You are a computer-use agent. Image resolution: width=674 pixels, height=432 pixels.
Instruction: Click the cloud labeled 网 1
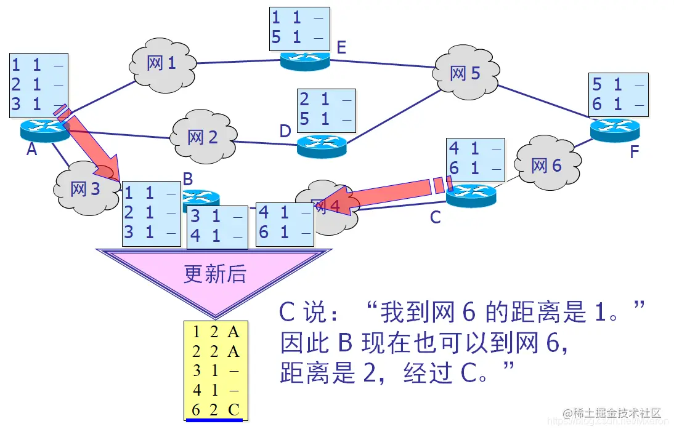(162, 63)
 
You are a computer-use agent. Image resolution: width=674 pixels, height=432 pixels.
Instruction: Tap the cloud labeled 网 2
(203, 137)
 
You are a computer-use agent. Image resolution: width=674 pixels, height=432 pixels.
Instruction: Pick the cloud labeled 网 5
(465, 74)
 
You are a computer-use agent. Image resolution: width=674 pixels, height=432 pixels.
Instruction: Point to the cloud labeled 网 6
(546, 165)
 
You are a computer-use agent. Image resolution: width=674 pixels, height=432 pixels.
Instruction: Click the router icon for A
(45, 129)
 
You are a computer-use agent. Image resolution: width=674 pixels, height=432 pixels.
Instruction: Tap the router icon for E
(305, 60)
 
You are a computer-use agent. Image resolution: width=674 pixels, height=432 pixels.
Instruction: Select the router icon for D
(322, 146)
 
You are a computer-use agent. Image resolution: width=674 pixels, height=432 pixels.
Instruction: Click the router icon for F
(614, 129)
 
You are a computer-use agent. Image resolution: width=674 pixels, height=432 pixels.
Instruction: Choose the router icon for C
(471, 195)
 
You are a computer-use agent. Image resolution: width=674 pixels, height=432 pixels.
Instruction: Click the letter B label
(188, 179)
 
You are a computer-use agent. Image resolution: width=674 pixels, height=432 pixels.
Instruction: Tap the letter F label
(635, 152)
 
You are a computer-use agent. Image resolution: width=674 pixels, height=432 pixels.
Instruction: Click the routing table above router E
(299, 28)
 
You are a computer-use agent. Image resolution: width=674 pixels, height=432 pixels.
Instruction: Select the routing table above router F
(619, 95)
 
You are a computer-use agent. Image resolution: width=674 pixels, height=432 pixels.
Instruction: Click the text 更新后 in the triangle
(214, 274)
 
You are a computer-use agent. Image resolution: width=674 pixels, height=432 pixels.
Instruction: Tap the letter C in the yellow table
(233, 410)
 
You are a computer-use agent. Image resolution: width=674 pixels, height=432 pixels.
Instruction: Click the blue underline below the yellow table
(214, 421)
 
